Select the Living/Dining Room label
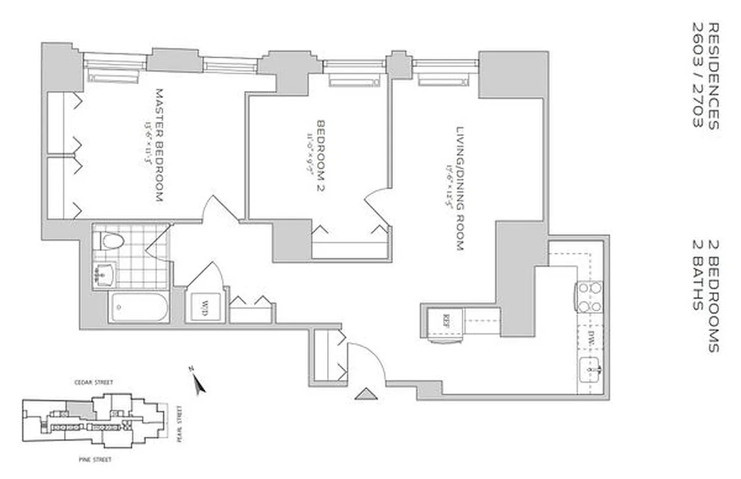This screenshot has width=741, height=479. [x=460, y=188]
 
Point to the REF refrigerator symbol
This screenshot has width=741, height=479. [x=446, y=319]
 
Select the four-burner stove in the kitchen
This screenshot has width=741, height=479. [x=589, y=297]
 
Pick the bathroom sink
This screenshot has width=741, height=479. [x=107, y=275]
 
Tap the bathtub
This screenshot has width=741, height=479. [x=138, y=307]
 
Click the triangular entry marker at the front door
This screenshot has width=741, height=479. [x=365, y=393]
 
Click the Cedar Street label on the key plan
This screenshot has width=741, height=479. [x=93, y=382]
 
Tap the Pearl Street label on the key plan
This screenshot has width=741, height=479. [x=178, y=423]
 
